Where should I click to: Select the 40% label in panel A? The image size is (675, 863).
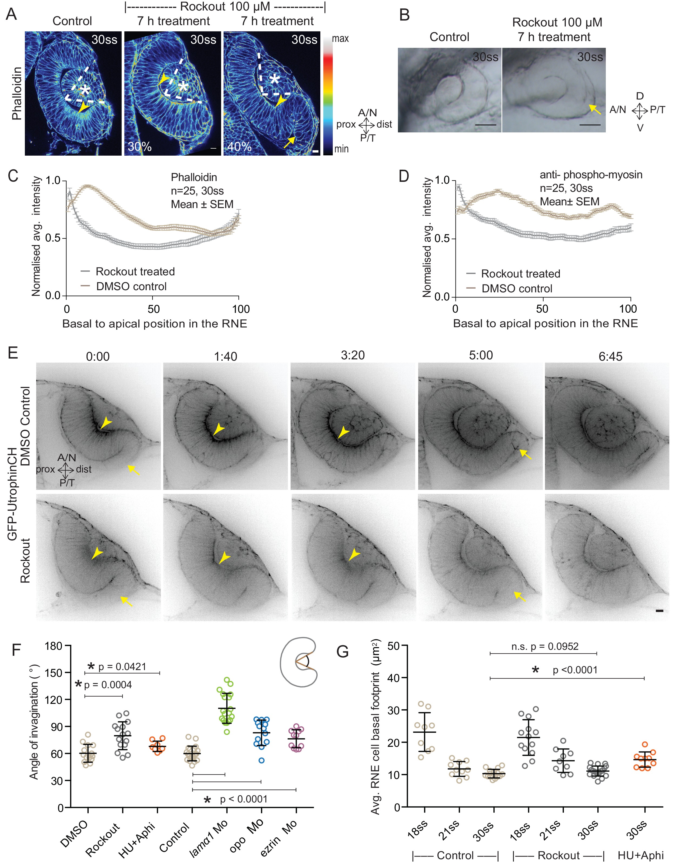click(x=239, y=147)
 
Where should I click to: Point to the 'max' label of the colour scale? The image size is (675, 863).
click(x=340, y=39)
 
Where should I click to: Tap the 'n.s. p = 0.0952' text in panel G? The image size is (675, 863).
click(x=544, y=647)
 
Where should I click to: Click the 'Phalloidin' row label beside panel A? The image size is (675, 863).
click(x=16, y=93)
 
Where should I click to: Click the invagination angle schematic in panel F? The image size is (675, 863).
click(x=298, y=662)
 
